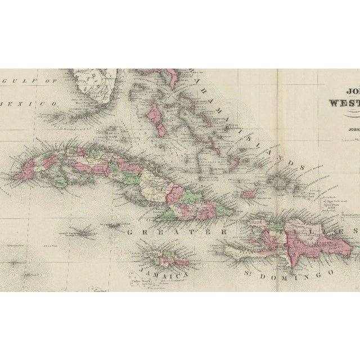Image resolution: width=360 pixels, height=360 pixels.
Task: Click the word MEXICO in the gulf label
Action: pos(38,105)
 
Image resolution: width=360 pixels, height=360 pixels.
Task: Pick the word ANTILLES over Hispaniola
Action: pos(292,231)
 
